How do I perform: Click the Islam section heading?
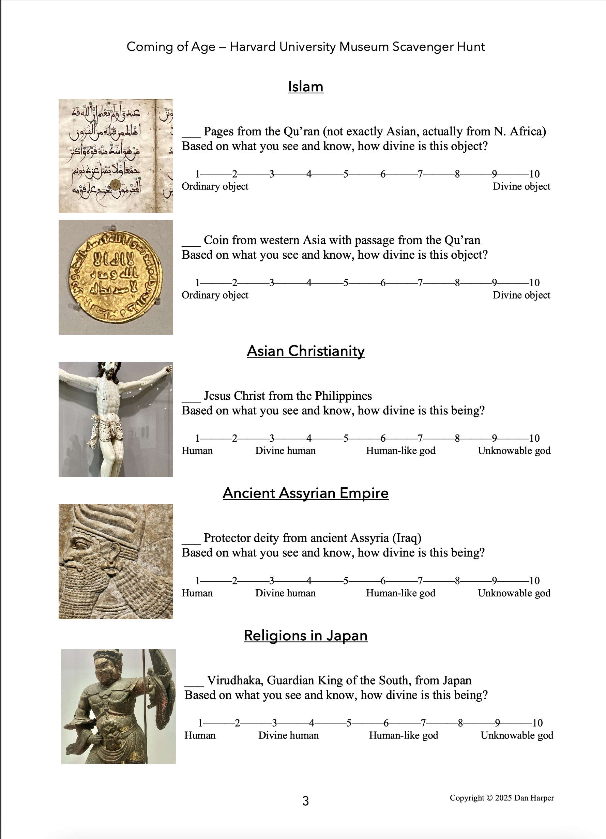[306, 87]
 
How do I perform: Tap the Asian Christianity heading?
[306, 351]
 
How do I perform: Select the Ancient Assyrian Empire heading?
[306, 493]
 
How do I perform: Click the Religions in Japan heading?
[306, 635]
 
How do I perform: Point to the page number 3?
[306, 800]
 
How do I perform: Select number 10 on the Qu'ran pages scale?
[534, 174]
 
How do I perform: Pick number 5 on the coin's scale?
[346, 283]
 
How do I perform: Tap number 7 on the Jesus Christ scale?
[420, 438]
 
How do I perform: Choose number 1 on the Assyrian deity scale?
[198, 580]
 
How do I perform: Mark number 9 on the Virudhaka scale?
[498, 722]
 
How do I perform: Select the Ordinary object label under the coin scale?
[215, 295]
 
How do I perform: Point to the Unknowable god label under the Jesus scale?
[514, 451]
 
